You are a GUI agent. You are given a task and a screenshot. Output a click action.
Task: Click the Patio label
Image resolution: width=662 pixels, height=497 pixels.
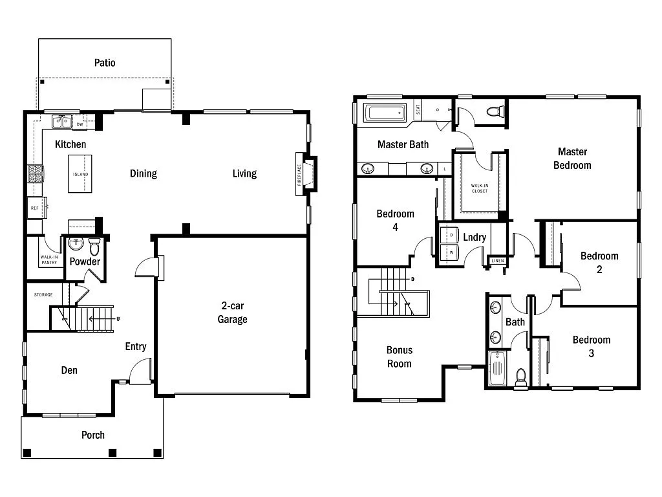tap(105, 63)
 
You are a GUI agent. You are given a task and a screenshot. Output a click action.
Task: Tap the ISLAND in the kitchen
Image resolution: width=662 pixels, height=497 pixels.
tap(80, 174)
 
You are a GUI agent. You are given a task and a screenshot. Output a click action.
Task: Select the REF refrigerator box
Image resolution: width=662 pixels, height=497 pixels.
tap(35, 208)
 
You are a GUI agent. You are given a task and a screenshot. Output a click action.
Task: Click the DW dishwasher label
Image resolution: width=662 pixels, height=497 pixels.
tap(80, 124)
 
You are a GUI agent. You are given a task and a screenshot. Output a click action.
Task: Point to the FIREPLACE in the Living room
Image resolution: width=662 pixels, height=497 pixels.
tap(300, 174)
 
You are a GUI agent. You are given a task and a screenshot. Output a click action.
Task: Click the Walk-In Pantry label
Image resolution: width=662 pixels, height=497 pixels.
tap(49, 260)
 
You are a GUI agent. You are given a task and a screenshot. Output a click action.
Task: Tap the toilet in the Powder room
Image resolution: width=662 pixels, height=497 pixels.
tap(94, 246)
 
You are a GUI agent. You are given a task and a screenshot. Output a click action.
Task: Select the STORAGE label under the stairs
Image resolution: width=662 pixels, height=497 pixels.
tap(43, 295)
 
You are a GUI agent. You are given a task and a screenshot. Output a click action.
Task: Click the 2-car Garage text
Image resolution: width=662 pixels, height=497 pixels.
tap(232, 313)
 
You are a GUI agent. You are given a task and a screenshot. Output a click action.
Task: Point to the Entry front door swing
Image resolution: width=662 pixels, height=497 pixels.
tap(141, 371)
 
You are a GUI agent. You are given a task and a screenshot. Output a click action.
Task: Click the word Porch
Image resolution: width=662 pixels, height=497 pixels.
tap(93, 435)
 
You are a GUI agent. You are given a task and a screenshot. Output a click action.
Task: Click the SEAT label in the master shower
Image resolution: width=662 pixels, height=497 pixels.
tap(418, 111)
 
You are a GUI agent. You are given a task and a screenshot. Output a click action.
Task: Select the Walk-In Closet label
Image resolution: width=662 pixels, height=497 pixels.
tap(479, 188)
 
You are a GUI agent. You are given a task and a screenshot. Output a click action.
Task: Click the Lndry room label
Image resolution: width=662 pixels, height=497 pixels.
tap(475, 237)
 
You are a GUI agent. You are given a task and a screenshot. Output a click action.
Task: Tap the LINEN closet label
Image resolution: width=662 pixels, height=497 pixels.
tap(496, 261)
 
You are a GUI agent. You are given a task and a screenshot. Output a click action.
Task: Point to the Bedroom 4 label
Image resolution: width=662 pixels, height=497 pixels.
tap(395, 220)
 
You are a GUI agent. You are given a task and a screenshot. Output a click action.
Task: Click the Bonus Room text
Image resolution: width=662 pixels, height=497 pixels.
tap(400, 357)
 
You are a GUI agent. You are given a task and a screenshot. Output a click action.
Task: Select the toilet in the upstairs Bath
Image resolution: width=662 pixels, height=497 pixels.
tap(521, 376)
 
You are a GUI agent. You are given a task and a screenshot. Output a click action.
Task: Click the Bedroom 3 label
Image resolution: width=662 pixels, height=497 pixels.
tap(591, 346)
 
